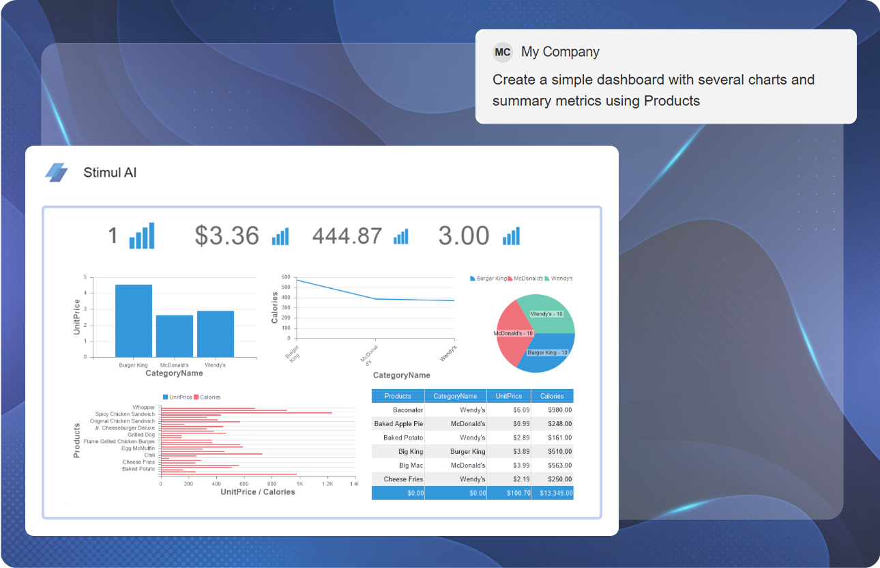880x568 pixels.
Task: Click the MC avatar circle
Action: (503, 52)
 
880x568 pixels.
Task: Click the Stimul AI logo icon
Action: (57, 173)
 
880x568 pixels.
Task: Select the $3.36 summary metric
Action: (227, 236)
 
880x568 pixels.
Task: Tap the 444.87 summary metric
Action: (347, 236)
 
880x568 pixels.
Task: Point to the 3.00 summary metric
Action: (464, 236)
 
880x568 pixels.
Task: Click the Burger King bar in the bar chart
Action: (134, 321)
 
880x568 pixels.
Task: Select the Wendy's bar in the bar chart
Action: (216, 334)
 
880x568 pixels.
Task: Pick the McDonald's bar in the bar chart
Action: (175, 336)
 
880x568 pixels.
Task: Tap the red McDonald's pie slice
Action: (512, 334)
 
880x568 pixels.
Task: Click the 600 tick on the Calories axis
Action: (286, 277)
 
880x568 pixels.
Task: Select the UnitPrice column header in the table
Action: (509, 396)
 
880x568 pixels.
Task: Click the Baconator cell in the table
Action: (408, 410)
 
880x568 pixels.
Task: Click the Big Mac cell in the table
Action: (411, 465)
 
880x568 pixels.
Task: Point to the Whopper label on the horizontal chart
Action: (144, 408)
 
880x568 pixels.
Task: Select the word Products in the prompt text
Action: (672, 101)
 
